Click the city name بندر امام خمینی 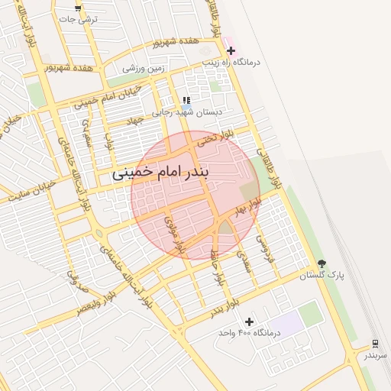point(170,173)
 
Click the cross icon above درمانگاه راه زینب point(231,50)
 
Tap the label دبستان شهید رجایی point(187,111)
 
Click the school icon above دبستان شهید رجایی point(186,100)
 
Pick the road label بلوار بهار point(248,205)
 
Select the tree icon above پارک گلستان point(321,263)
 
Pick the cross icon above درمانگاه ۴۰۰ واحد point(249,322)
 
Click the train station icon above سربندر point(375,344)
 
